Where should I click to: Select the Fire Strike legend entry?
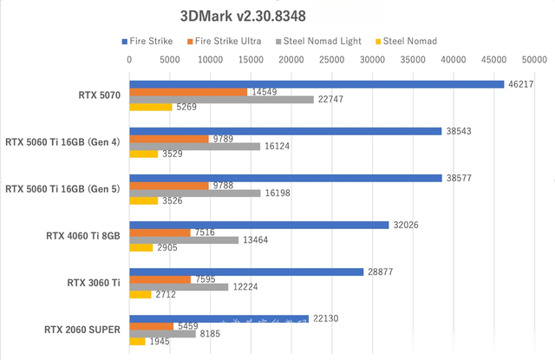[x=147, y=41]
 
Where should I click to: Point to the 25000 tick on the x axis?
[x=332, y=60]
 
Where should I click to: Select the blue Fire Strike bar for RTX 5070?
[x=317, y=84]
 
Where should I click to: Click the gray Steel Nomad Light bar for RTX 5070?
[x=221, y=100]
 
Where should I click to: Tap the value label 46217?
[x=520, y=84]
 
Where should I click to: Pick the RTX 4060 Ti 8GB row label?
[x=83, y=235]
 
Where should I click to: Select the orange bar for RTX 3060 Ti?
[x=160, y=279]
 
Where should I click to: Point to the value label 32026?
[x=405, y=225]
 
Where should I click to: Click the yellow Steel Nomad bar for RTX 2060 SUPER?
[x=137, y=342]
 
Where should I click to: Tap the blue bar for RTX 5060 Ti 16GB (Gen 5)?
[x=285, y=178]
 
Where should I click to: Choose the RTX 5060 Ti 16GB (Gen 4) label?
[x=62, y=141]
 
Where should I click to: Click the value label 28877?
[x=380, y=272]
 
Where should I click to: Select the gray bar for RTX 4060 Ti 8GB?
[x=184, y=240]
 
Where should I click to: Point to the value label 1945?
[x=160, y=342]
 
